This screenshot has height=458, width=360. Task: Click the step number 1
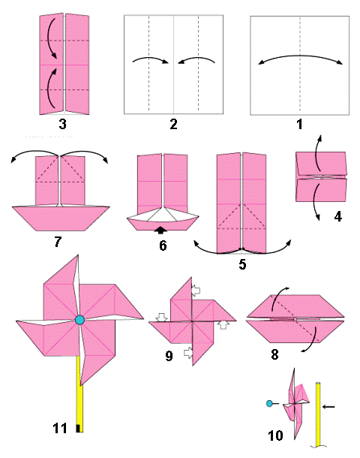[299, 125]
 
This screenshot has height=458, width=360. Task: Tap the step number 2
[173, 125]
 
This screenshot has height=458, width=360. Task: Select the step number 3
[62, 125]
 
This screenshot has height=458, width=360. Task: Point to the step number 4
[337, 217]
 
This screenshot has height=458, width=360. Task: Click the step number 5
[242, 264]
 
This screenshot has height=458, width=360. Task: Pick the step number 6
[163, 246]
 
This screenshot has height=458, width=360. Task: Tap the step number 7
[58, 242]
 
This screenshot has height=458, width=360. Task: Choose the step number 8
[274, 354]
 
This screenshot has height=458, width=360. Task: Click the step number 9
[169, 356]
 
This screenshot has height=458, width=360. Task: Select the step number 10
[275, 435]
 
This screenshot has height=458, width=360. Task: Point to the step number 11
[60, 429]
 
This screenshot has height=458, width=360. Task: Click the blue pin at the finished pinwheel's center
[79, 320]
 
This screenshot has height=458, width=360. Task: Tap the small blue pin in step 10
[269, 404]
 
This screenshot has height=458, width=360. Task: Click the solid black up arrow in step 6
[160, 231]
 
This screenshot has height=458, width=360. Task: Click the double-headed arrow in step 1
[300, 56]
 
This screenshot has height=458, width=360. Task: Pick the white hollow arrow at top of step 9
[196, 290]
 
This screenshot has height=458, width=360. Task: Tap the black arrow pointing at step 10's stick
[328, 407]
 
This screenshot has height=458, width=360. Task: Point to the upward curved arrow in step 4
[317, 152]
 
